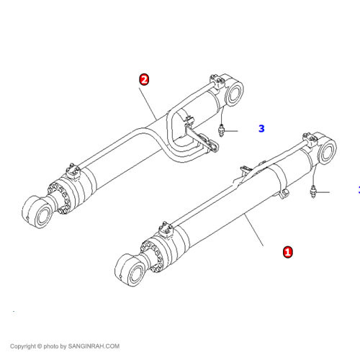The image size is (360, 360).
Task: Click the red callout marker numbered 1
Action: tap(288, 252)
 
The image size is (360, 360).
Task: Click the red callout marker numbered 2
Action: tap(144, 79)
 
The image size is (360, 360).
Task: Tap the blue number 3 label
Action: tap(261, 128)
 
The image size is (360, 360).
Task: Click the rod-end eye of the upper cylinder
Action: tap(38, 212)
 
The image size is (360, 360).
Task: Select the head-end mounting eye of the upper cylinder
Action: tap(233, 92)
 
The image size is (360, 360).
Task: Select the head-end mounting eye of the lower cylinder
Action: tap(326, 150)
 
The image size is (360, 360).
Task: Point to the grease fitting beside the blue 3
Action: tap(221, 130)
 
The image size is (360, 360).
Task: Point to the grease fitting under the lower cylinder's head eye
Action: tap(313, 192)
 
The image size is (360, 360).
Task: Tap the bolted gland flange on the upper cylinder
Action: tap(59, 197)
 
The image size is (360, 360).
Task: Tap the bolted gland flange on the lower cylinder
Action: tap(152, 256)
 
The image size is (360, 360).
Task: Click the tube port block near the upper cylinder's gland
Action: tap(73, 171)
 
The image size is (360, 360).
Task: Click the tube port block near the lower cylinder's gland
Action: tap(166, 229)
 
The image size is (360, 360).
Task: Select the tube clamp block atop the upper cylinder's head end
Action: tap(217, 81)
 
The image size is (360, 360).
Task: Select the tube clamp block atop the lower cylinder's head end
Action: tap(310, 139)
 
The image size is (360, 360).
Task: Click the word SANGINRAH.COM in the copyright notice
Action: tap(94, 346)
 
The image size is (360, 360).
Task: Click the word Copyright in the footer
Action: tap(23, 346)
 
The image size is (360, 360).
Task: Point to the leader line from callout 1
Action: tap(254, 230)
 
